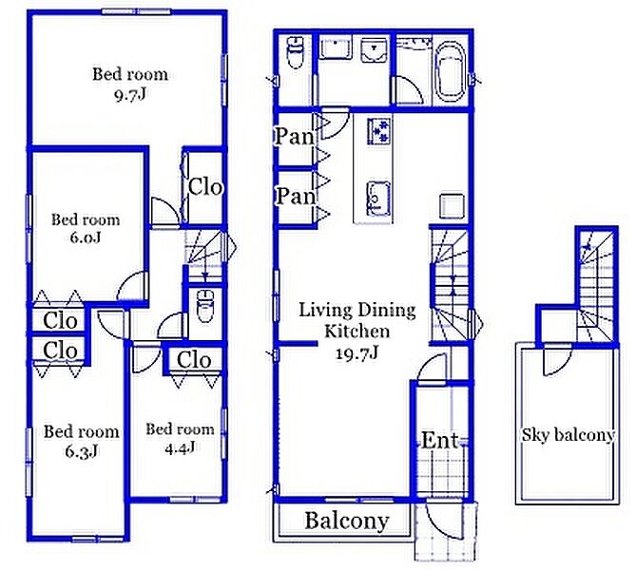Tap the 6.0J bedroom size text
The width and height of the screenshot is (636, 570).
[x=86, y=237]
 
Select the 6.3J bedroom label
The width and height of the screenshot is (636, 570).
[x=82, y=451]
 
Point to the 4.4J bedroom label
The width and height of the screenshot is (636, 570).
[x=180, y=447]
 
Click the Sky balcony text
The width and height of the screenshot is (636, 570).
[x=568, y=435]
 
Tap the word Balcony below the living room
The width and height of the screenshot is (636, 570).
[x=347, y=521]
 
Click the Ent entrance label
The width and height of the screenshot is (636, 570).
[x=439, y=440]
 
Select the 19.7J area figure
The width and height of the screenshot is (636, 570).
[x=357, y=353]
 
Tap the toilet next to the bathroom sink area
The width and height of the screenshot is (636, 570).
[x=295, y=52]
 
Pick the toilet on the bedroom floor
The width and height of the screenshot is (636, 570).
[x=204, y=306]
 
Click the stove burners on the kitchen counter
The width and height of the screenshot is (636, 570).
[x=379, y=131]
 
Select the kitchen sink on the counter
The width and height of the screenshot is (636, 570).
[x=379, y=199]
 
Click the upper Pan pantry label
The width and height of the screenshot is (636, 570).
[x=295, y=137]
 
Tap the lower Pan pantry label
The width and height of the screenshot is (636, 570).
[x=296, y=197]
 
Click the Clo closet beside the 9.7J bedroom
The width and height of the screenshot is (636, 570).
[x=205, y=187]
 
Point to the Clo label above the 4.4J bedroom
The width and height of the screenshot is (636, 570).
[x=194, y=360]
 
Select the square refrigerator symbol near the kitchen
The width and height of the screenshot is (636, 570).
[x=452, y=206]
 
